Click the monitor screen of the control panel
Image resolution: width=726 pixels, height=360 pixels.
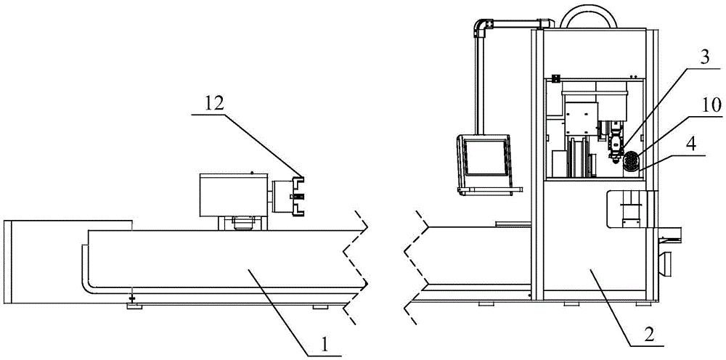(486, 156)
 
